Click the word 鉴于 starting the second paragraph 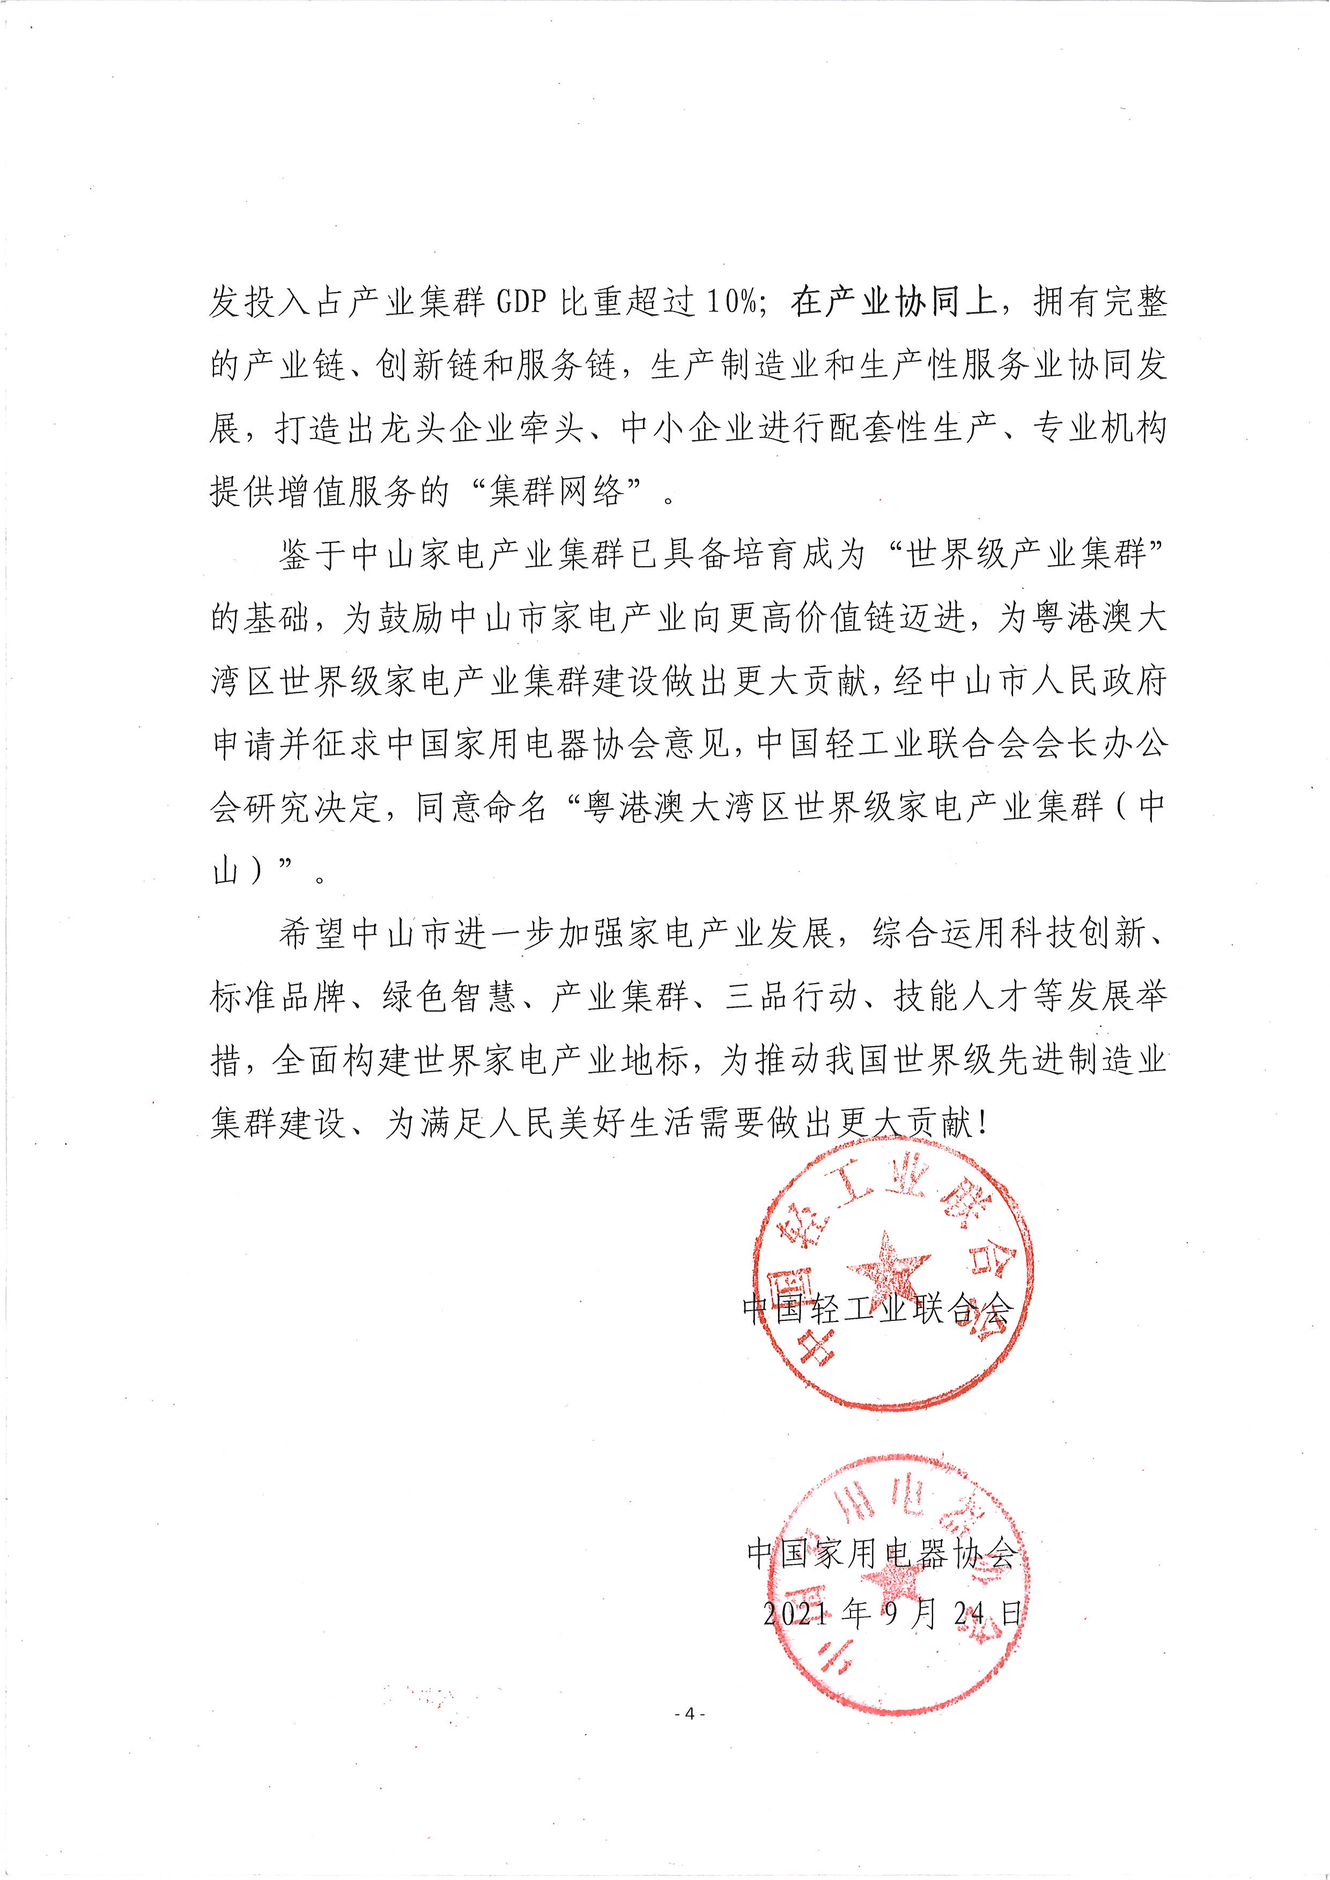pos(312,556)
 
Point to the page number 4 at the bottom pos(689,1713)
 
